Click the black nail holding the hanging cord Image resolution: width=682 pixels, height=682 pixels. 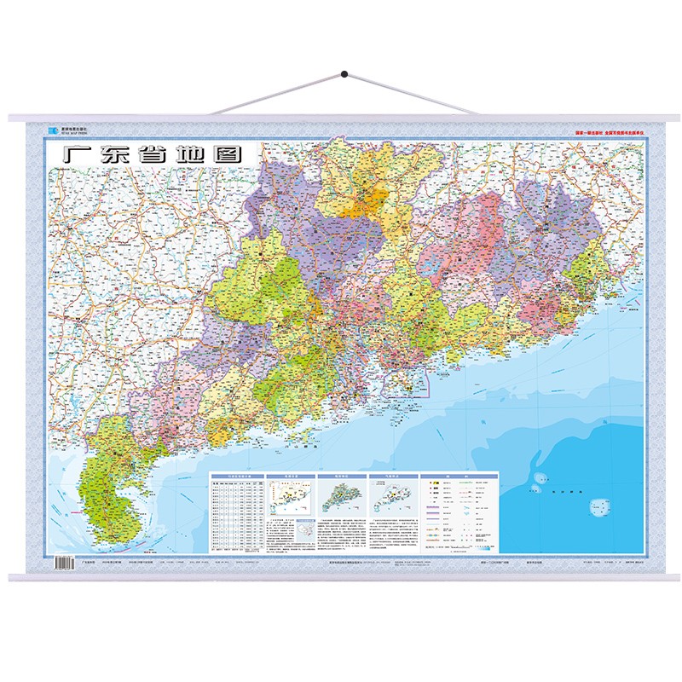(345, 76)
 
